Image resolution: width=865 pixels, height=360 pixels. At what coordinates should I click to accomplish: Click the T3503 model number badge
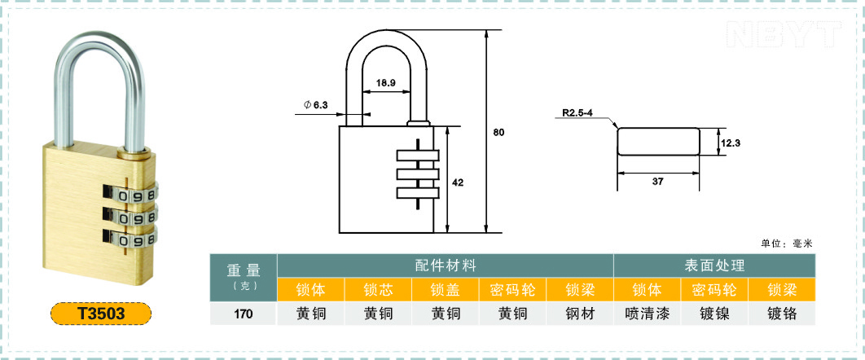pyautogui.click(x=101, y=313)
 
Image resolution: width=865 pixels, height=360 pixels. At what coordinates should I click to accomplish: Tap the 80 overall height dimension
pyautogui.click(x=498, y=132)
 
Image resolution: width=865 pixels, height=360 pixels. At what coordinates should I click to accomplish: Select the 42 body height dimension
pyautogui.click(x=457, y=182)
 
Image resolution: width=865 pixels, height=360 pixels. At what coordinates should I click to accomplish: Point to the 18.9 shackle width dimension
pyautogui.click(x=385, y=83)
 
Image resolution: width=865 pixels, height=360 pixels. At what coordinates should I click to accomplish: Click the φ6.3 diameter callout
pyautogui.click(x=315, y=104)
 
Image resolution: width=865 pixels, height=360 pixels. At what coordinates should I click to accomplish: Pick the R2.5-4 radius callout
pyautogui.click(x=577, y=113)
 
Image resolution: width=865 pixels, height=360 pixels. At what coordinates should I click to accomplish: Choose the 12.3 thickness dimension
pyautogui.click(x=730, y=143)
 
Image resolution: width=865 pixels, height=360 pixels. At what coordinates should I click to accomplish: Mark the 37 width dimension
pyautogui.click(x=657, y=181)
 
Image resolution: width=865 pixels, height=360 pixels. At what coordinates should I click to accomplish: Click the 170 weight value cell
pyautogui.click(x=244, y=314)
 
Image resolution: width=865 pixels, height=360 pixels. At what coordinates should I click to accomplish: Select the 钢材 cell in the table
pyautogui.click(x=581, y=314)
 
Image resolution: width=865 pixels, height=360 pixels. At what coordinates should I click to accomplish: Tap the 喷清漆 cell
pyautogui.click(x=647, y=314)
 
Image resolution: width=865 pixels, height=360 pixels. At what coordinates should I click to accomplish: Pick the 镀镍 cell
pyautogui.click(x=714, y=314)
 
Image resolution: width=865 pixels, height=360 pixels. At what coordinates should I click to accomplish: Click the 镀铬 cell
pyautogui.click(x=782, y=314)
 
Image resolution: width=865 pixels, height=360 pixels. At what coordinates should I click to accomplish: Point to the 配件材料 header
pyautogui.click(x=446, y=266)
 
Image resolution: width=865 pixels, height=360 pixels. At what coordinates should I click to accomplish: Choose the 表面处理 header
pyautogui.click(x=714, y=266)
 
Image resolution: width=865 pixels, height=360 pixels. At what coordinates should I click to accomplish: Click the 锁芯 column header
pyautogui.click(x=379, y=290)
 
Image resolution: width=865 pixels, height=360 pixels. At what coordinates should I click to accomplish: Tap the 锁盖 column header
pyautogui.click(x=446, y=290)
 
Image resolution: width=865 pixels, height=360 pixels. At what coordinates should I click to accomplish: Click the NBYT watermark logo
pyautogui.click(x=784, y=34)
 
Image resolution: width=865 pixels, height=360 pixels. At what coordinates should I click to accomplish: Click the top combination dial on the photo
pyautogui.click(x=130, y=194)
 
